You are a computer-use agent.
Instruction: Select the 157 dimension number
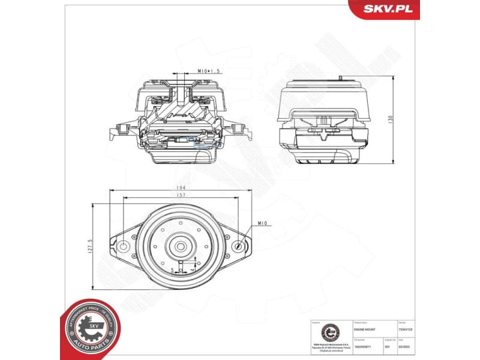[x=179, y=196]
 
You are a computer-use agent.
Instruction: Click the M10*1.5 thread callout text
[x=209, y=71]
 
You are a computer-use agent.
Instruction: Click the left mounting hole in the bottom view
[x=123, y=247]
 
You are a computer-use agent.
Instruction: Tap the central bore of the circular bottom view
[x=179, y=246]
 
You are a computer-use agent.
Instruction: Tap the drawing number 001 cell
[x=388, y=345]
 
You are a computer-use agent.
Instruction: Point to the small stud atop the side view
[x=340, y=78]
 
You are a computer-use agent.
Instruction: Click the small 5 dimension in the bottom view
[x=172, y=269]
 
